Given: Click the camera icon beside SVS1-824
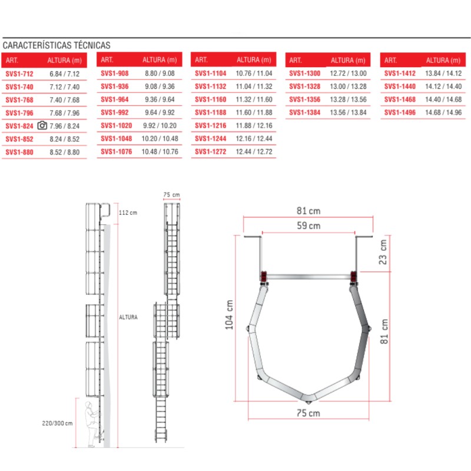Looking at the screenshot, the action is tap(42, 125).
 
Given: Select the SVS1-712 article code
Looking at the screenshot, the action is tap(19, 74).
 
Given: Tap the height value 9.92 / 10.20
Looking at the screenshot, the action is tap(160, 125).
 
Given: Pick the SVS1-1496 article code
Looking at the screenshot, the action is tap(400, 112).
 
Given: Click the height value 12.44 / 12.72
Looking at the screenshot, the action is tap(254, 152).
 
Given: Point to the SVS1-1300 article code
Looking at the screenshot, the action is tap(304, 74).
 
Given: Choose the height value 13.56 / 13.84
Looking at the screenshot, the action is tap(348, 112).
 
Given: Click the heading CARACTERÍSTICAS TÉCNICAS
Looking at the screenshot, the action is tap(57, 45).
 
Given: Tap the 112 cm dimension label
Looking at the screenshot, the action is tap(128, 213).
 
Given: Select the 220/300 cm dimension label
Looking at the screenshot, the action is tap(57, 423).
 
